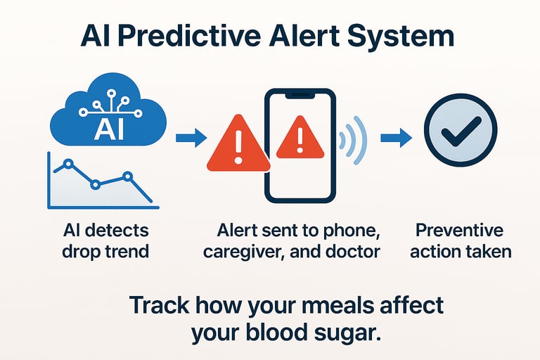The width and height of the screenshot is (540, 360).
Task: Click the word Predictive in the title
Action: tap(191, 37)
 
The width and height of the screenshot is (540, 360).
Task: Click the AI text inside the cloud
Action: tap(109, 129)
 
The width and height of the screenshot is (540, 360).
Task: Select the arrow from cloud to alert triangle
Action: tap(191, 138)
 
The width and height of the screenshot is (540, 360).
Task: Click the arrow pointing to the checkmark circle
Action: tap(396, 138)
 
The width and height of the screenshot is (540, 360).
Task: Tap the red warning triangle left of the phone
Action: tap(238, 144)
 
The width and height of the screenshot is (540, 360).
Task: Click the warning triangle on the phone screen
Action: tap(300, 138)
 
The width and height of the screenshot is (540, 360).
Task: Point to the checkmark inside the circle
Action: tap(461, 131)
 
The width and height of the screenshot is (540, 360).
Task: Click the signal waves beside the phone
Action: tap(353, 140)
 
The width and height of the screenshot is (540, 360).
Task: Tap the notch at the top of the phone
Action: tap(300, 95)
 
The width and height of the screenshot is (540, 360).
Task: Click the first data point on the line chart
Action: tap(68, 164)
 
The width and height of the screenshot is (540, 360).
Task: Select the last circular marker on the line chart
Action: tap(128, 176)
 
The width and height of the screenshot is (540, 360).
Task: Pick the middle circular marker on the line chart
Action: tap(96, 185)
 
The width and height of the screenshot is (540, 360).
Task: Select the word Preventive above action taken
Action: tap(459, 230)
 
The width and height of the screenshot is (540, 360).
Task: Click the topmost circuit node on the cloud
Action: tap(111, 93)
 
